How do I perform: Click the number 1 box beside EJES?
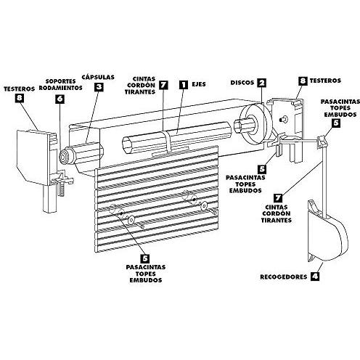pos(184,85)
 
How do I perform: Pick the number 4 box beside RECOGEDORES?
pos(314,276)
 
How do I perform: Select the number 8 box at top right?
pos(302,83)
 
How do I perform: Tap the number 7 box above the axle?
pos(164,85)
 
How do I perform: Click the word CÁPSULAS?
pos(98,75)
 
